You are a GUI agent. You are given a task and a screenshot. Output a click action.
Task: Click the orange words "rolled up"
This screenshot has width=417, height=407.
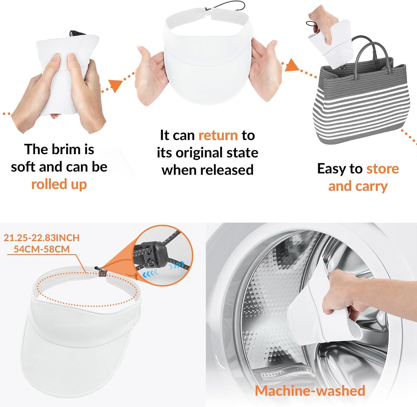(x=59, y=184)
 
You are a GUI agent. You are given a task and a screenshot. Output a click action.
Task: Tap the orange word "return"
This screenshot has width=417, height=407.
(x=218, y=135)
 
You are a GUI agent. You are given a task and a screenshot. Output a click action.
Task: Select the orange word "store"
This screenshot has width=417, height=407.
(x=383, y=169)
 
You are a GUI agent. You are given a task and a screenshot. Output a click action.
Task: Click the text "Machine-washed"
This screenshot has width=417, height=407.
(x=310, y=390)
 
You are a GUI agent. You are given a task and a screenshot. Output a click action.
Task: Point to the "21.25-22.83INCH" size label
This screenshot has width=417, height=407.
(x=41, y=238)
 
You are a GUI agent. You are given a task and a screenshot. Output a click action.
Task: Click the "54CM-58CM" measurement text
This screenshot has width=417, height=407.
(x=42, y=249)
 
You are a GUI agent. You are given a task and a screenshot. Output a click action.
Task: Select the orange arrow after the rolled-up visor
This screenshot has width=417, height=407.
(x=115, y=86)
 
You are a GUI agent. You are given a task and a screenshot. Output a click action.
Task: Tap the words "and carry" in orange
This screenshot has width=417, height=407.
(x=358, y=186)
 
